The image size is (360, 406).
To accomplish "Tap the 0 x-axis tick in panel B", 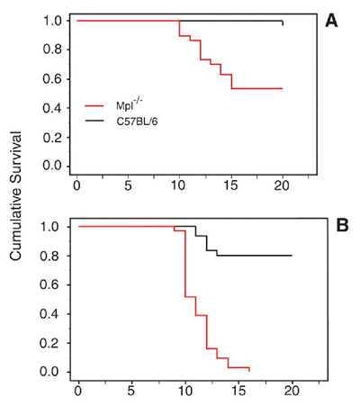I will tap(78, 392).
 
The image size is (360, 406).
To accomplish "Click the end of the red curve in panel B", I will tap(248, 370).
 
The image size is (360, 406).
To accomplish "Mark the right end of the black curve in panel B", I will tap(292, 256).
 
